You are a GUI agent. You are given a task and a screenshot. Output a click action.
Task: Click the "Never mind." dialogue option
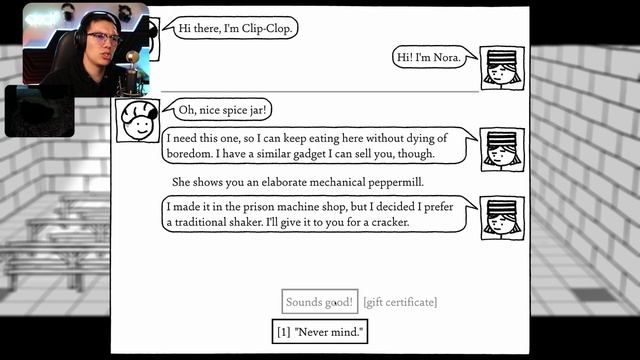pyautogui.click(x=320, y=331)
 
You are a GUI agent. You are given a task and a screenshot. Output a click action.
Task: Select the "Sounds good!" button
pyautogui.click(x=320, y=302)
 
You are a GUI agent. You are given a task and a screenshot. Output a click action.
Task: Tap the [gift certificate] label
pyautogui.click(x=400, y=302)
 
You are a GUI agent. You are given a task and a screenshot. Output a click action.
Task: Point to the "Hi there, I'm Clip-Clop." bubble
pyautogui.click(x=233, y=28)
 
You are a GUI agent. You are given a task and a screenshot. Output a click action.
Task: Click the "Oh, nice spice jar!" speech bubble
pyautogui.click(x=219, y=109)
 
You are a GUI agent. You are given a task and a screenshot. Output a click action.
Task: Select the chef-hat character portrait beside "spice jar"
pyautogui.click(x=138, y=120)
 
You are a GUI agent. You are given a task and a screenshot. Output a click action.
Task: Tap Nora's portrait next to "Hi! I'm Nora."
pyautogui.click(x=502, y=68)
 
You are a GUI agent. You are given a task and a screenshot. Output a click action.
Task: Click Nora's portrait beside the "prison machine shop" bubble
pyautogui.click(x=502, y=218)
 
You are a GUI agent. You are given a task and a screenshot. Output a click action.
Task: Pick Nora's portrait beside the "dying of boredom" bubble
pyautogui.click(x=502, y=149)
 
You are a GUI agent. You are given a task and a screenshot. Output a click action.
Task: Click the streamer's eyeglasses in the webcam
pyautogui.click(x=103, y=38)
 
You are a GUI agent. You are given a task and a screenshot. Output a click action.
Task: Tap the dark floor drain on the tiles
pyautogui.click(x=593, y=294)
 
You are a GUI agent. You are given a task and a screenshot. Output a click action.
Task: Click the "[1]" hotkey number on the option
pyautogui.click(x=284, y=332)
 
